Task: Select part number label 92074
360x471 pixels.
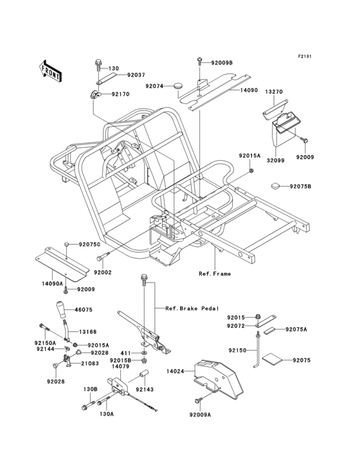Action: tap(154, 86)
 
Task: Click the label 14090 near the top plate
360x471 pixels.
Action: tap(231, 91)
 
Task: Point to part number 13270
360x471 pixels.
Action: tap(274, 92)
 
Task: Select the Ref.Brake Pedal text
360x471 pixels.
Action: tap(192, 308)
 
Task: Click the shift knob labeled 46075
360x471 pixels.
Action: tap(62, 311)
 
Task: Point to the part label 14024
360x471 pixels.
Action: tap(175, 371)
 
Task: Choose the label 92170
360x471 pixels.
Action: tap(120, 94)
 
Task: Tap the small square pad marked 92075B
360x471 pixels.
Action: tap(275, 186)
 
